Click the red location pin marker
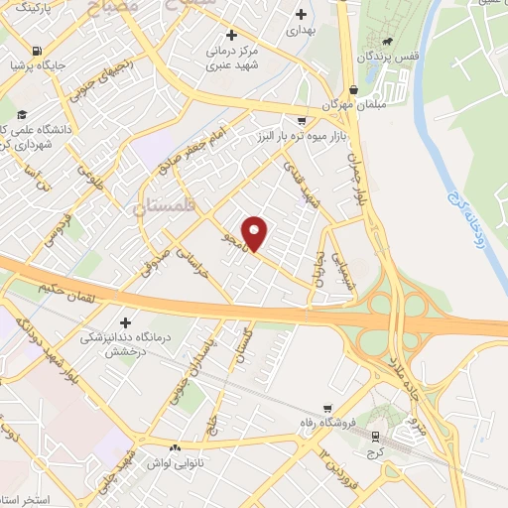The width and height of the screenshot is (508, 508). [256, 233]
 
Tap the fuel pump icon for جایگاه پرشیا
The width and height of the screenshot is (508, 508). [37, 51]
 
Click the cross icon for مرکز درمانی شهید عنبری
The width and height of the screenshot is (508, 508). [231, 34]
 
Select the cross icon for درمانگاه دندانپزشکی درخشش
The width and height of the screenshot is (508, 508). [126, 322]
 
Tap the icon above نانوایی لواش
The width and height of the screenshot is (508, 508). [177, 447]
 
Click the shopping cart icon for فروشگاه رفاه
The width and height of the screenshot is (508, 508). [327, 408]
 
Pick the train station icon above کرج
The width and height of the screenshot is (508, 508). [375, 437]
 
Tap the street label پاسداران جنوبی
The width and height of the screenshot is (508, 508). [180, 374]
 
